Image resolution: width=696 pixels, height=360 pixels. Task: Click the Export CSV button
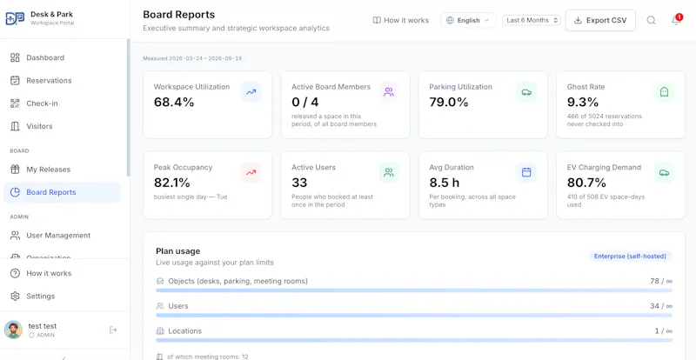(x=600, y=20)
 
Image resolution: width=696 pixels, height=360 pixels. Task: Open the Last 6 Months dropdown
(x=532, y=20)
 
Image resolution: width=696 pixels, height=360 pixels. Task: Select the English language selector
(x=468, y=20)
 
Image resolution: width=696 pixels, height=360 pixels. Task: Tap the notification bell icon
(x=676, y=20)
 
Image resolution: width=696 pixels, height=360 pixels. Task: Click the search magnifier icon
(x=651, y=20)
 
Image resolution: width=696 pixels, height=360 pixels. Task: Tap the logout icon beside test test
(x=113, y=330)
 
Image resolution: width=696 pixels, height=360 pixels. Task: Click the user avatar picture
(x=13, y=330)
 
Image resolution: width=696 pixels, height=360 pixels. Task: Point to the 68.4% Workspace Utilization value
(x=174, y=102)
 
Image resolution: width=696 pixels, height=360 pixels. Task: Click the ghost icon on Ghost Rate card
(x=664, y=92)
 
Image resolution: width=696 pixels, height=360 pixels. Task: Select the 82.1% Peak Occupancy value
(x=171, y=183)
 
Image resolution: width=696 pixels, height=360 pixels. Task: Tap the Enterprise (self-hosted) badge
(x=630, y=257)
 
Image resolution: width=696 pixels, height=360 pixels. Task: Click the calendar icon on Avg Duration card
(x=526, y=173)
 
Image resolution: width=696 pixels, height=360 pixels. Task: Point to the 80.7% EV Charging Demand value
(x=586, y=183)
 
